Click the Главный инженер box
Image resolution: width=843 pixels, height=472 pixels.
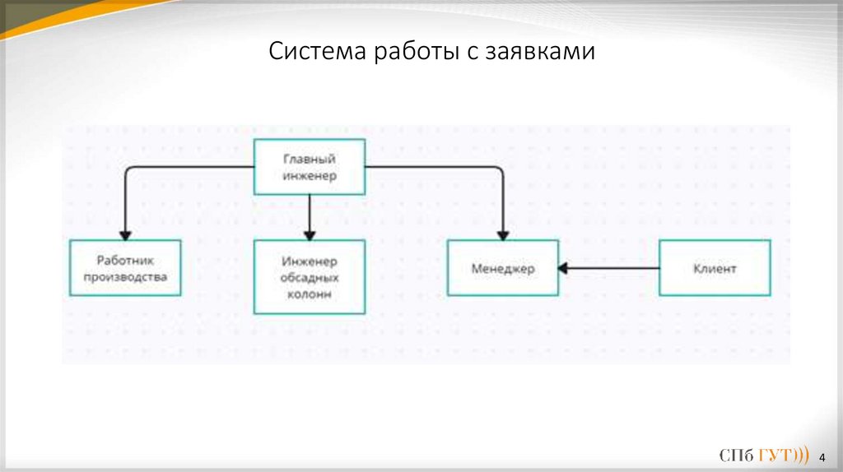pos(310,167)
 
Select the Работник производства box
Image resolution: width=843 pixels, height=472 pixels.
pos(125,268)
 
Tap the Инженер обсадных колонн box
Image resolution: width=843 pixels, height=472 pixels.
pos(310,277)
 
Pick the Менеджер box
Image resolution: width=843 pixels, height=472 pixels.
pos(502,268)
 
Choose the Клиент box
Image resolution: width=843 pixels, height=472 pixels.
pos(715,268)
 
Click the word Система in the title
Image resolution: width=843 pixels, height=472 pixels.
pos(319,53)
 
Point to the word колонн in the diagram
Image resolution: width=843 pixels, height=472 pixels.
pos(310,293)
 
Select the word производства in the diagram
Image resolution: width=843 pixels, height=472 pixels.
pos(126,276)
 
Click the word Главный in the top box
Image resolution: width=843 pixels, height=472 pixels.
pos(310,159)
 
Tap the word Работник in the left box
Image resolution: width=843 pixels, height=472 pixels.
pos(125,260)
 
